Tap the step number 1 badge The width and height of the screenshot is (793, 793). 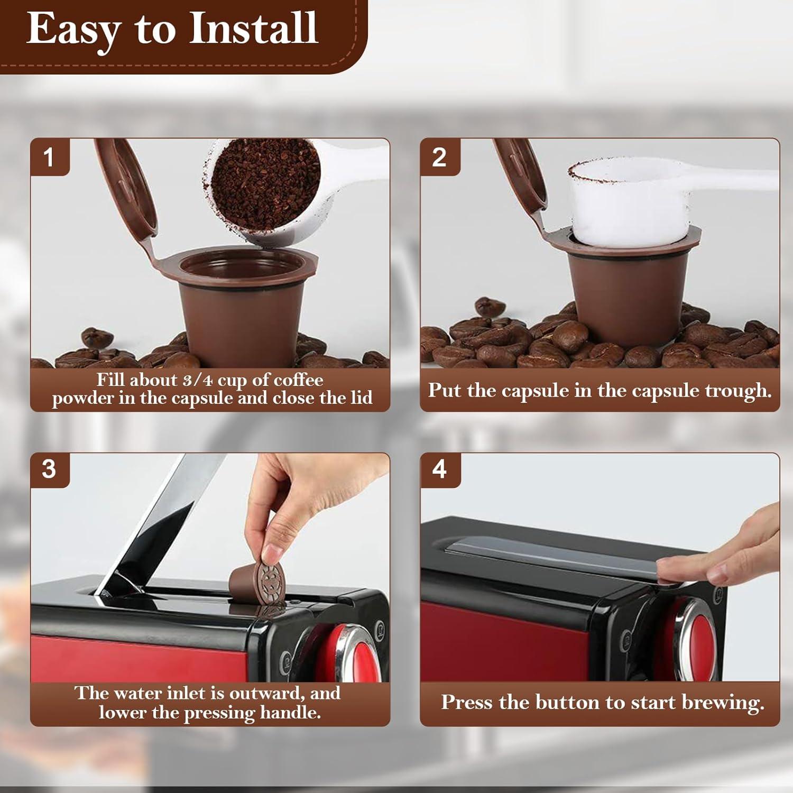pyautogui.click(x=49, y=158)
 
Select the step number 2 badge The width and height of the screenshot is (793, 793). pyautogui.click(x=439, y=158)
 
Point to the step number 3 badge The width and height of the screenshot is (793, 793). pyautogui.click(x=49, y=469)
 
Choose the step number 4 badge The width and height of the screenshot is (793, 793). pyautogui.click(x=439, y=469)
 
